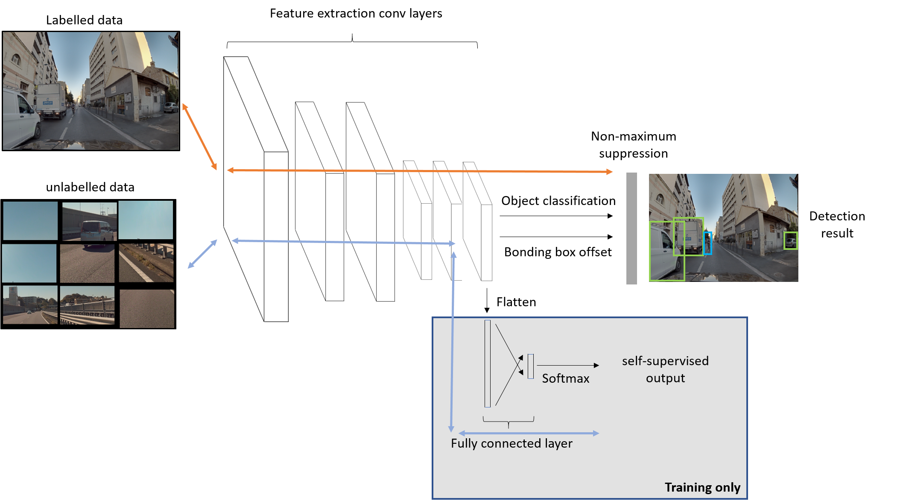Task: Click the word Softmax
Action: click(x=565, y=378)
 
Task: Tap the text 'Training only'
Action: click(x=702, y=487)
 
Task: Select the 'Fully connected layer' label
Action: click(x=512, y=443)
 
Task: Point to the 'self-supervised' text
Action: click(x=665, y=361)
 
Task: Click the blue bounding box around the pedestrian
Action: click(x=707, y=243)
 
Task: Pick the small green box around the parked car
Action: click(x=791, y=240)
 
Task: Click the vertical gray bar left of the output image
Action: click(x=631, y=229)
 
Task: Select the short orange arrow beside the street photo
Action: click(x=199, y=136)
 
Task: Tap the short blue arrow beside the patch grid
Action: click(x=202, y=254)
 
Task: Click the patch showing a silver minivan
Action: click(x=90, y=222)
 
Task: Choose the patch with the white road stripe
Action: click(x=146, y=263)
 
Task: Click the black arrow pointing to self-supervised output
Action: click(x=568, y=365)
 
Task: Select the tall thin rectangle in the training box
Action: click(x=488, y=363)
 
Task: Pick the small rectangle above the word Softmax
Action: click(x=531, y=366)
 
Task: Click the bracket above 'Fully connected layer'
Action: click(x=509, y=421)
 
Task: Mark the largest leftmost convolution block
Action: click(x=256, y=189)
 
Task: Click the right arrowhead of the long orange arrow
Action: click(x=610, y=172)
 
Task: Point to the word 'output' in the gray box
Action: click(x=665, y=378)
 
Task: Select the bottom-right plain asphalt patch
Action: click(x=147, y=309)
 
